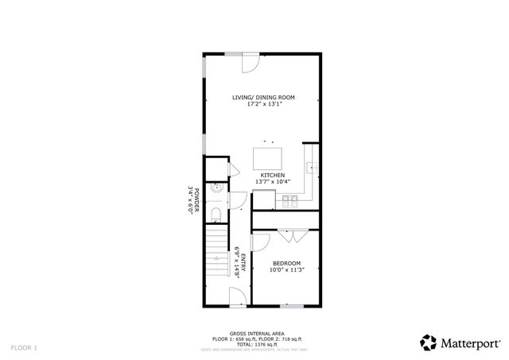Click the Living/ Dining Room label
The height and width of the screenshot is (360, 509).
263,97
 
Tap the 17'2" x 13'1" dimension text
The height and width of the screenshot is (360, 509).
263,103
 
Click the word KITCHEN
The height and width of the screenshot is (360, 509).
273,175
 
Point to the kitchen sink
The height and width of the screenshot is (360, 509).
314,168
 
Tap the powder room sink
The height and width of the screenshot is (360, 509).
216,191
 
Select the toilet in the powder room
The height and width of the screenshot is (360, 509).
216,214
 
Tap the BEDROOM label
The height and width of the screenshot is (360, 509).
287,263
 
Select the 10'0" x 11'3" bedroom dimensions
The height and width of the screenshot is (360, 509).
287,269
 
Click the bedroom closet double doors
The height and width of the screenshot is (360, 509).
287,235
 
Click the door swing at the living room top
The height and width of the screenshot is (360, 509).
249,60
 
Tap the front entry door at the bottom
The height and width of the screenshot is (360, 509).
237,299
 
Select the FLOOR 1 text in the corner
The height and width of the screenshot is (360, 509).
24,347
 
